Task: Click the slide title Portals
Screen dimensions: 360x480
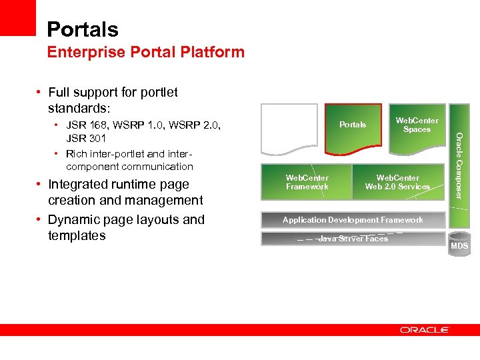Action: [x=82, y=29]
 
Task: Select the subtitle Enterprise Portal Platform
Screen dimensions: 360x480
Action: [x=145, y=52]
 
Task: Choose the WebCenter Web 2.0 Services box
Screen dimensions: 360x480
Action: [x=397, y=182]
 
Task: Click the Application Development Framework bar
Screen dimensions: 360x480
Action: [x=353, y=220]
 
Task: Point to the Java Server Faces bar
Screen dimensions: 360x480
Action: [x=353, y=239]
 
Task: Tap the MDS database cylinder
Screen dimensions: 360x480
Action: [x=459, y=244]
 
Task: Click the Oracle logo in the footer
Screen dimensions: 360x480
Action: [x=425, y=329]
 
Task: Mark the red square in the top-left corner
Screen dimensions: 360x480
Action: [x=17, y=17]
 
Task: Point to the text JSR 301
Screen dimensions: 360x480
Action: [x=86, y=139]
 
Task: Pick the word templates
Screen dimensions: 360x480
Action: [x=77, y=236]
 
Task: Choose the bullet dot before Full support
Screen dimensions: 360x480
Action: [x=40, y=93]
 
